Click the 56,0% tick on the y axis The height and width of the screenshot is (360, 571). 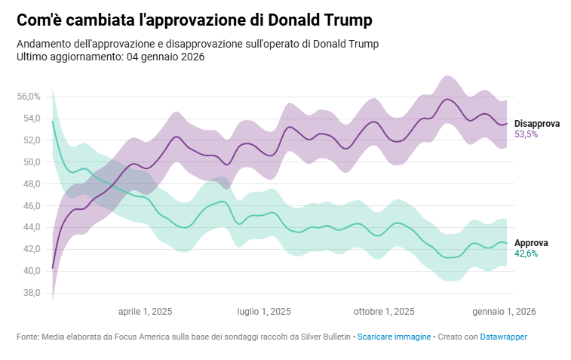pos(28,97)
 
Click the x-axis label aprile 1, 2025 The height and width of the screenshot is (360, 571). pos(146,311)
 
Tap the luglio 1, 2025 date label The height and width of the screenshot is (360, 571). pos(264,311)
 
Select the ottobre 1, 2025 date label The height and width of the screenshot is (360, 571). pos(384,311)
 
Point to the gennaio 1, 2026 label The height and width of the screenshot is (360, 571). pos(504,311)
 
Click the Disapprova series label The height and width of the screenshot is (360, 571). pos(537,124)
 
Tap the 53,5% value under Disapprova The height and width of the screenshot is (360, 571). pos(526,134)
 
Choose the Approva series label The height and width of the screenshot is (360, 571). pos(531,243)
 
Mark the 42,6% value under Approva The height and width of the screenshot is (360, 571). pos(526,254)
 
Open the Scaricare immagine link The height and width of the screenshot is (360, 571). pos(394,337)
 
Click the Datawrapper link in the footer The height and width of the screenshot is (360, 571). pos(504,337)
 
